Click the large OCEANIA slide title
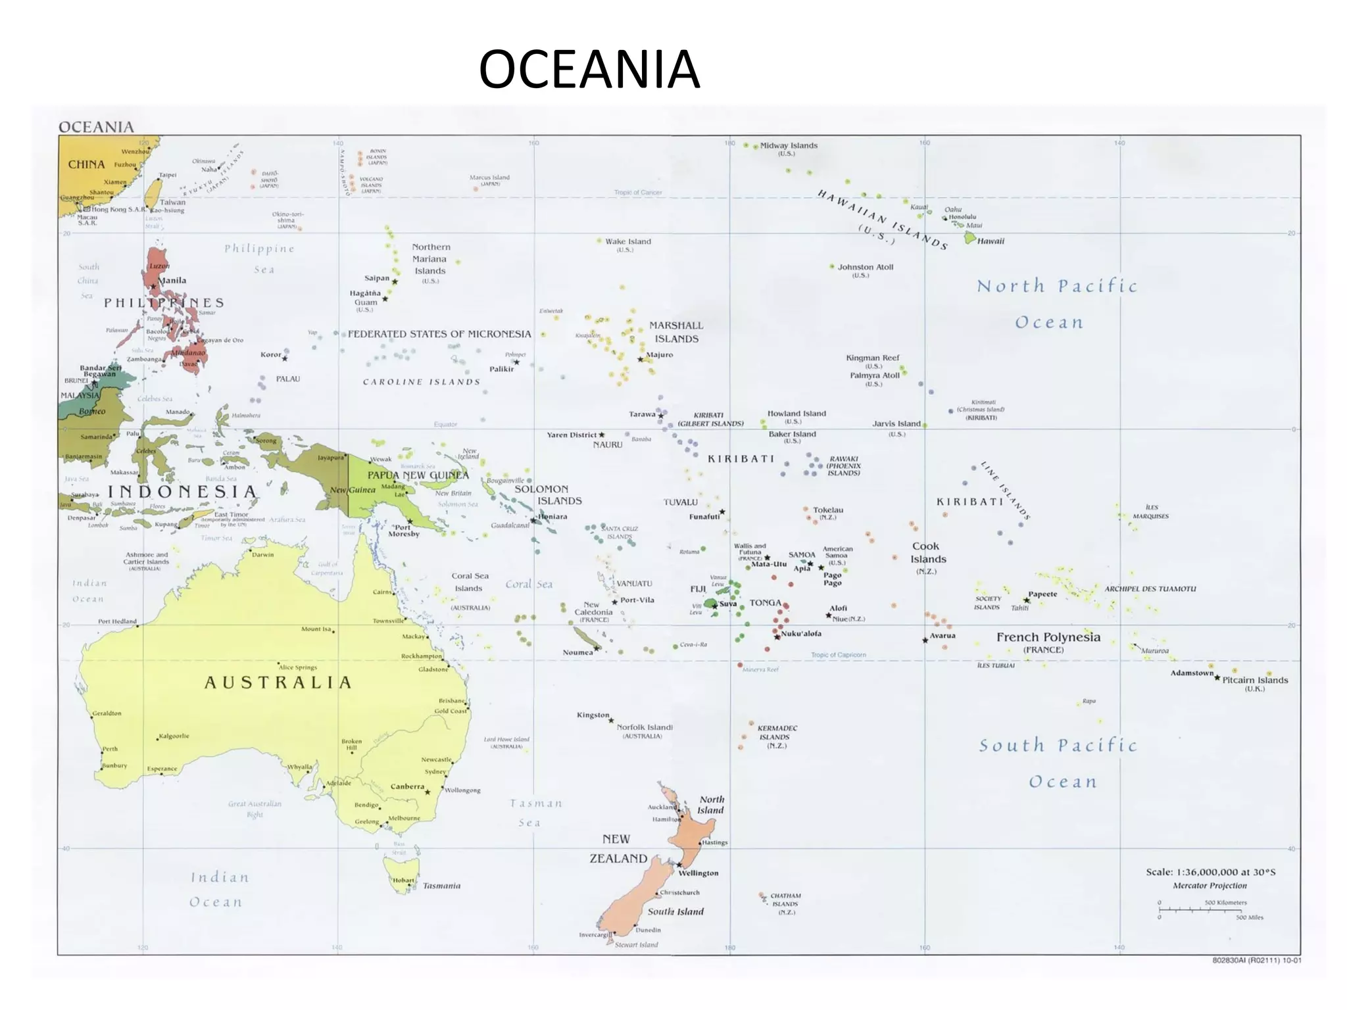(x=589, y=69)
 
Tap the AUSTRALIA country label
(x=278, y=683)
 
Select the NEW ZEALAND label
(x=618, y=848)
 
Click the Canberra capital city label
(x=407, y=786)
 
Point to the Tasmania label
(x=441, y=886)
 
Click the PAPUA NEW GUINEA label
(x=418, y=475)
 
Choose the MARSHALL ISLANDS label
(x=676, y=332)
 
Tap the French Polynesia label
(x=1048, y=637)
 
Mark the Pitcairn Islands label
(x=1255, y=680)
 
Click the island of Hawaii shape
(x=969, y=238)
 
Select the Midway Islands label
(x=789, y=145)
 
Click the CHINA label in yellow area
(x=86, y=164)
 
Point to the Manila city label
(x=172, y=280)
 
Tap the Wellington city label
(x=698, y=873)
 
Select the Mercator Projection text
(x=1210, y=885)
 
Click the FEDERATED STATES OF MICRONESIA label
(x=439, y=334)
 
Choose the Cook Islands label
(x=927, y=552)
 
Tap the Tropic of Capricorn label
(x=838, y=655)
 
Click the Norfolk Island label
(x=644, y=727)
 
